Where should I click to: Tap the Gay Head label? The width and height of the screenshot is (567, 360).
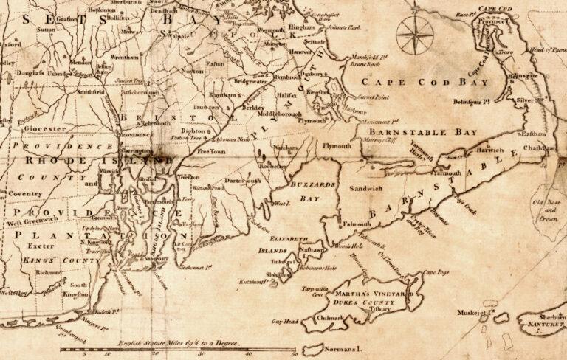[x=284, y=322]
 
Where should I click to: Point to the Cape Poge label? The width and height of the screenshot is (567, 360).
[x=435, y=274]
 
